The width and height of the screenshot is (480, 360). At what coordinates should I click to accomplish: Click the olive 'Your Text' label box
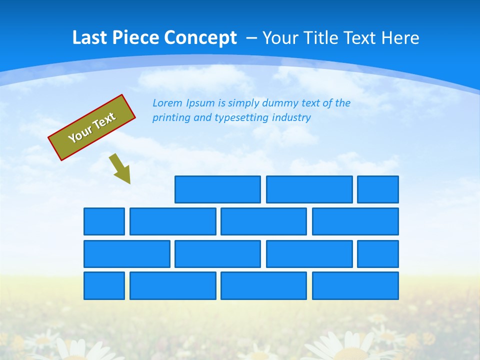(91, 127)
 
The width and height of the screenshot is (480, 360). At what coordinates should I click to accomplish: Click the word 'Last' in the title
(90, 37)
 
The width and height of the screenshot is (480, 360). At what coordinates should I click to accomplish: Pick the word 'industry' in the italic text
(291, 118)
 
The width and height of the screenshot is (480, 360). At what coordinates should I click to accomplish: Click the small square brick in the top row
(378, 189)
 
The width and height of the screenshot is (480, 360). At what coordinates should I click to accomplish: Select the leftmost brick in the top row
(217, 189)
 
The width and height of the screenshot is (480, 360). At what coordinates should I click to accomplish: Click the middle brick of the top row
(309, 189)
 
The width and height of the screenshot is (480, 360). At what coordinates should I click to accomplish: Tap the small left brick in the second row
(104, 221)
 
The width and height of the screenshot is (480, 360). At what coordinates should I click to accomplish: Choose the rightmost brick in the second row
(355, 221)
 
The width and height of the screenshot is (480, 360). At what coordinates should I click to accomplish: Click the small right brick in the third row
(378, 254)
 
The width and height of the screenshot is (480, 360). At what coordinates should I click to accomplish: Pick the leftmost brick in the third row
(127, 254)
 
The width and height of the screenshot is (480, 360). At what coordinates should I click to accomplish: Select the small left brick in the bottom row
(104, 286)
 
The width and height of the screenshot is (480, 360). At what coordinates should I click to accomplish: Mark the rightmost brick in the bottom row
(355, 286)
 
